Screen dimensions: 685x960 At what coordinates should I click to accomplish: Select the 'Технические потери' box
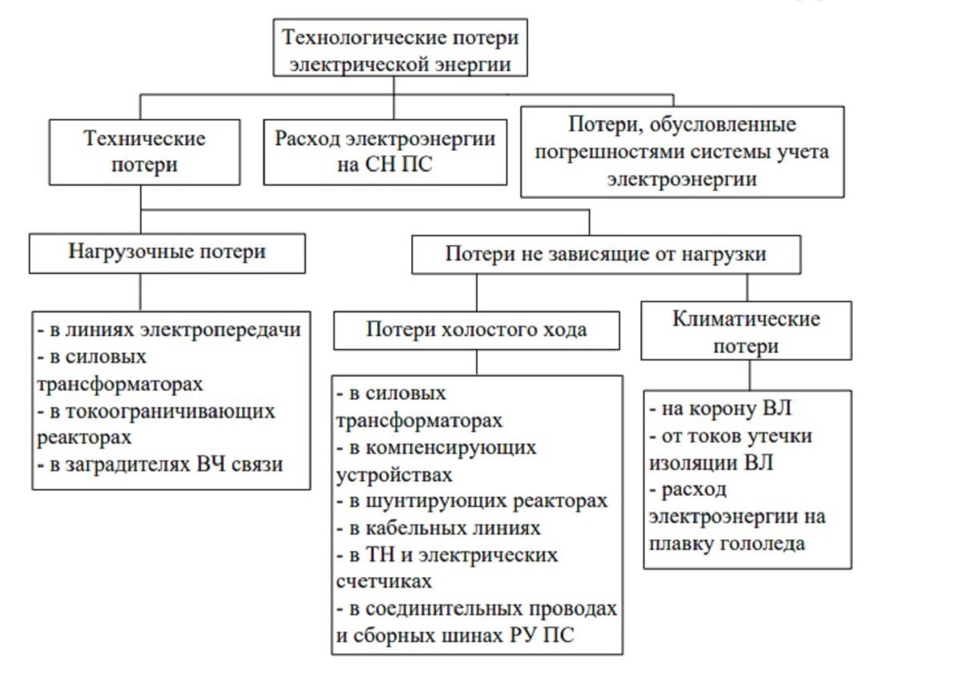pos(144,152)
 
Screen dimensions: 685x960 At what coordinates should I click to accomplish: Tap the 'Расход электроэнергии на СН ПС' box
pos(385,152)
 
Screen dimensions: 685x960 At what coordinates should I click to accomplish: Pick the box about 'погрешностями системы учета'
pos(682,152)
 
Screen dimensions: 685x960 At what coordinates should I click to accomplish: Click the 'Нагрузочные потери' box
pos(166,252)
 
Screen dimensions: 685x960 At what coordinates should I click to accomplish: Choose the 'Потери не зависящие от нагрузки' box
pos(605,254)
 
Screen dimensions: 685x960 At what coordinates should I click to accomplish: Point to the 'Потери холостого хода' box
pos(476,330)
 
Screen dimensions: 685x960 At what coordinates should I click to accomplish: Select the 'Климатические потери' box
pos(746,332)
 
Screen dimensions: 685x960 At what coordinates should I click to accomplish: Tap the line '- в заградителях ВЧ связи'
pos(160,463)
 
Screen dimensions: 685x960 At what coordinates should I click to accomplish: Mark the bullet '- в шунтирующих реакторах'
pos(472,501)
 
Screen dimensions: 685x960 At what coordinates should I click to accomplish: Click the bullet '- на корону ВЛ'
pos(720,408)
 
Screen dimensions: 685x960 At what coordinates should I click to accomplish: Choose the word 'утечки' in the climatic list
pos(779,436)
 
